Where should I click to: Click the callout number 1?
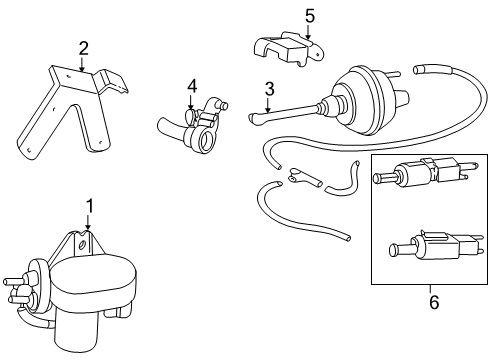tap(89, 206)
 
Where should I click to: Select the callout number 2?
tap(83, 48)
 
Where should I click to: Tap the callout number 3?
tap(269, 89)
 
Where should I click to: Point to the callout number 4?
tap(192, 86)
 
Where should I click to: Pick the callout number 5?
tap(310, 16)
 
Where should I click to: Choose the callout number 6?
tap(434, 302)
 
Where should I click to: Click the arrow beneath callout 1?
tap(88, 222)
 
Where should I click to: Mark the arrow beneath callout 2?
tap(82, 64)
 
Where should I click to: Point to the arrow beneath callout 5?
tap(308, 33)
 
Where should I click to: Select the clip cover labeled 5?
tap(289, 49)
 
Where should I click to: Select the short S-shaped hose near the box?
tap(343, 179)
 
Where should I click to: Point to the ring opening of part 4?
tap(205, 142)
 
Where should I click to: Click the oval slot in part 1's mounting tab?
tap(81, 245)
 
